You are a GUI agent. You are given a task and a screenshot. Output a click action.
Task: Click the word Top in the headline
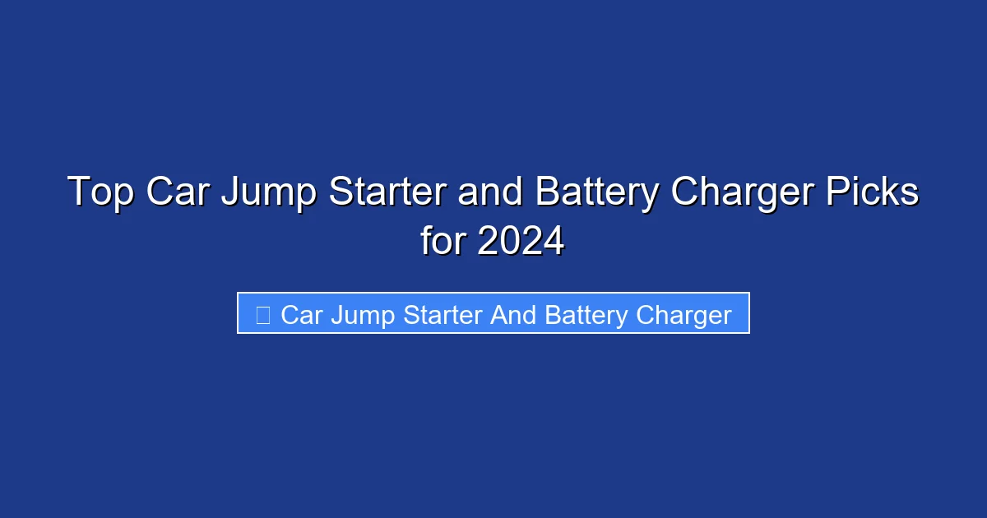100,193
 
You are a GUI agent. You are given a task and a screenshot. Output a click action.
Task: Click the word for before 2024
444,242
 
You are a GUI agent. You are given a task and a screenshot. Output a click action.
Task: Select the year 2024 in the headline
521,242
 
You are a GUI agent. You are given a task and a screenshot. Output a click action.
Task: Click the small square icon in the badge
263,315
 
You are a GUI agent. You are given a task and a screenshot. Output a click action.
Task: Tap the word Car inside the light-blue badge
301,315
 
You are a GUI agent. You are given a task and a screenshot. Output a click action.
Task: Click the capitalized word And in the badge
514,315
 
